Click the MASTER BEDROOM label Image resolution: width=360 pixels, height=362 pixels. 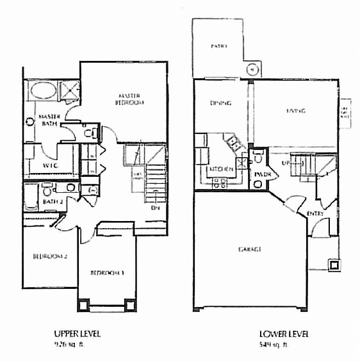[131, 99]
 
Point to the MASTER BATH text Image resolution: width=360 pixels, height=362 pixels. [49, 120]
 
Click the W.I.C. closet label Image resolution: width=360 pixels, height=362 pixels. [53, 165]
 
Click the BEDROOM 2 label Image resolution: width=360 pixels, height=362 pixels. [49, 257]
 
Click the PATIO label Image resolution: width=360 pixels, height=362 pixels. [220, 47]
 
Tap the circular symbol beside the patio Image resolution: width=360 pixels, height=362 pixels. [252, 69]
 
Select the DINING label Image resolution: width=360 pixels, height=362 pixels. [220, 103]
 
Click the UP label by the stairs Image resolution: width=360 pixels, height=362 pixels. [286, 164]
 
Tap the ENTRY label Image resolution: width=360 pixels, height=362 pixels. [314, 213]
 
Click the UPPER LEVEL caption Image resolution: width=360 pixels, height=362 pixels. [80, 334]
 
